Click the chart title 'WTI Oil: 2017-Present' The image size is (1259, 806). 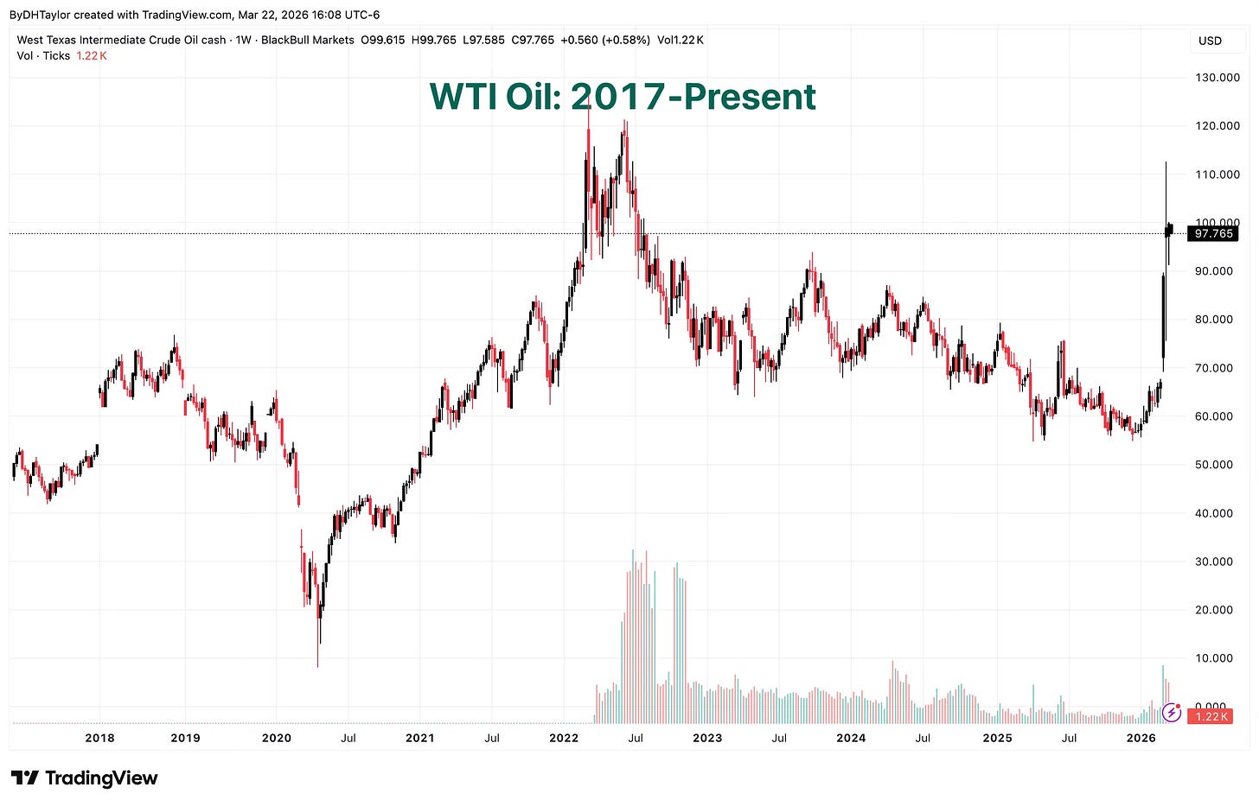click(x=623, y=97)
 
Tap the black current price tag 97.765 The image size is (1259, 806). click(x=1213, y=234)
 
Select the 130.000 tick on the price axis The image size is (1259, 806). click(x=1217, y=78)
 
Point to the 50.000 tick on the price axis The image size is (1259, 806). click(x=1217, y=465)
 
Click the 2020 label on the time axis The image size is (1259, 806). click(x=276, y=738)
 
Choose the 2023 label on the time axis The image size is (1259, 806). click(x=706, y=738)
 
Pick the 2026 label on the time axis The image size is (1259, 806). click(x=1141, y=738)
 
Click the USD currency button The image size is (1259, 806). click(x=1210, y=41)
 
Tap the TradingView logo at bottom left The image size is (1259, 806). click(x=85, y=778)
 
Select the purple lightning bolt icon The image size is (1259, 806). click(x=1172, y=713)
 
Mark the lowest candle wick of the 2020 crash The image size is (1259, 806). click(x=317, y=666)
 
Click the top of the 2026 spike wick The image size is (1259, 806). click(x=1166, y=162)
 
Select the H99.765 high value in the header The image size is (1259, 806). click(x=431, y=40)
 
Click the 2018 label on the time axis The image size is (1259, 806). click(x=99, y=738)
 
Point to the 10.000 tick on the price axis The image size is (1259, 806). click(x=1217, y=658)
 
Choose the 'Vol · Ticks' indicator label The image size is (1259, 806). click(x=44, y=55)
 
